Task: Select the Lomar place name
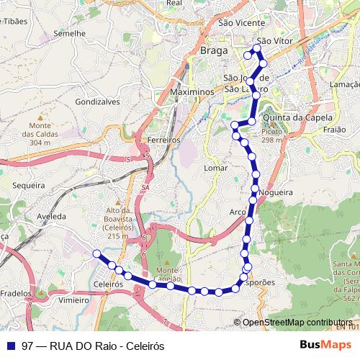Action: coord(216,168)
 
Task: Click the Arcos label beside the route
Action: coord(238,212)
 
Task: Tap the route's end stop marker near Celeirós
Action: coord(96,253)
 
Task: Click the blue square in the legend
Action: coord(9,345)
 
